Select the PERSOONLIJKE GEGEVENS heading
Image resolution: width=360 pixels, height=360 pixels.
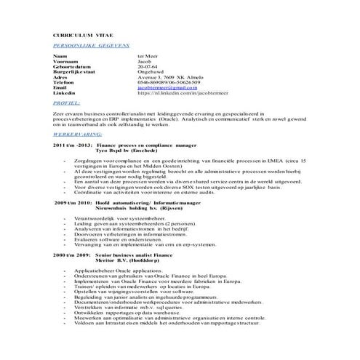[88, 45]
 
